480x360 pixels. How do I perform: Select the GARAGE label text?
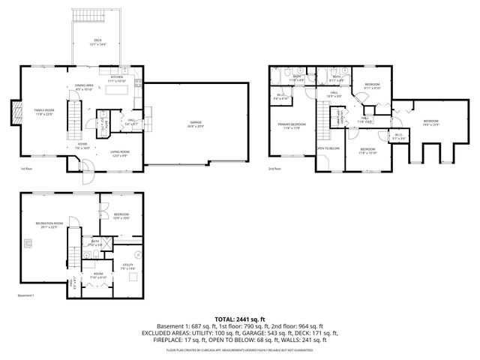click(x=196, y=122)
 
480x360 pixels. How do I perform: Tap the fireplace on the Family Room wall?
click(x=17, y=112)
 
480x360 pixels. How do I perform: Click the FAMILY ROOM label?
click(x=44, y=110)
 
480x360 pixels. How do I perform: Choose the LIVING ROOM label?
click(x=121, y=153)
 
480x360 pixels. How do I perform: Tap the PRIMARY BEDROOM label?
click(x=292, y=124)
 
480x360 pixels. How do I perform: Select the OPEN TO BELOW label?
click(x=328, y=148)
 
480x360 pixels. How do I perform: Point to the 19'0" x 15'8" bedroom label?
click(x=430, y=121)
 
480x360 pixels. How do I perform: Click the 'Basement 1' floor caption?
click(x=27, y=295)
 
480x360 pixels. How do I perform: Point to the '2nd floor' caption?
click(x=275, y=169)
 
